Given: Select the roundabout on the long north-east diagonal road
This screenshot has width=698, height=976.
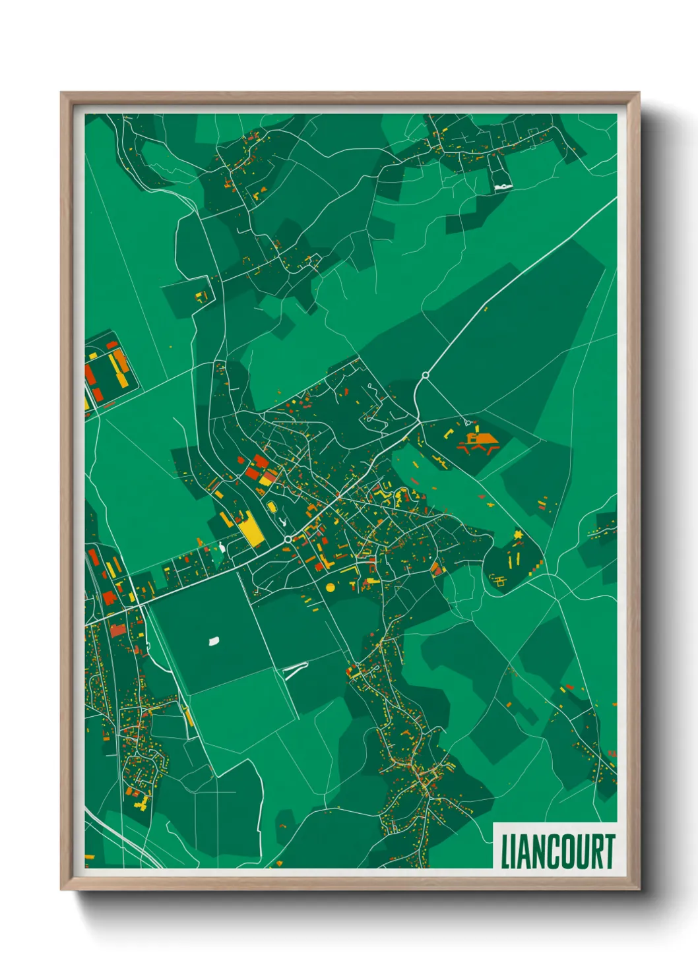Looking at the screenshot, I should coord(425,375).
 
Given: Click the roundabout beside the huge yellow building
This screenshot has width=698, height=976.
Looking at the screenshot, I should coord(288,539).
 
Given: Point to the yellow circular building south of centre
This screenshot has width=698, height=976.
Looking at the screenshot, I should coord(330,586).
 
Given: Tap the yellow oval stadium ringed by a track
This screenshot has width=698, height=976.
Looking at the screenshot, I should coord(271,506).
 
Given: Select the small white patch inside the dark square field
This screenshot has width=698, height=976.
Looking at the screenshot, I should coord(213,640).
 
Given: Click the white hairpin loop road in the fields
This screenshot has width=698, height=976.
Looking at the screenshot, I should coord(294,670).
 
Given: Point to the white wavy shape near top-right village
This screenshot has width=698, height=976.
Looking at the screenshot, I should coord(503,187).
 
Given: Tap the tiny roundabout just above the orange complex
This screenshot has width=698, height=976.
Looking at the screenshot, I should coord(467,421).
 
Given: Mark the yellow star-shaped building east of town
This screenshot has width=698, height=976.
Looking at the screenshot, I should coord(519,534).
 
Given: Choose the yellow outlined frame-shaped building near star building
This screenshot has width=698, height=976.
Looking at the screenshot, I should coord(499,581).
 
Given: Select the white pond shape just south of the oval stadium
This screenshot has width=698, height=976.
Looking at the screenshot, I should coord(282,522).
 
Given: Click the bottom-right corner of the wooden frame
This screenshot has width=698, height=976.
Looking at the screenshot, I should coord(639,889).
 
